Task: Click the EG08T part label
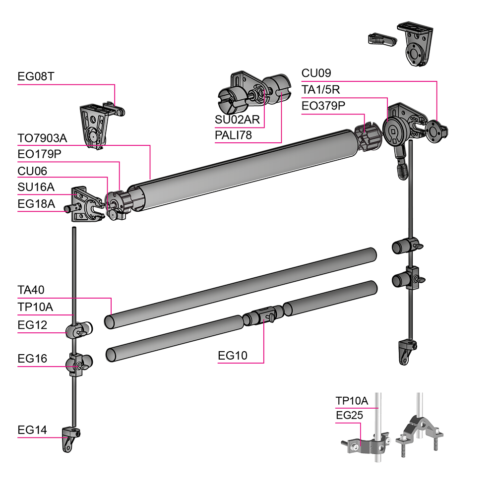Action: [x=36, y=76]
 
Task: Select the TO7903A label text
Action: [x=42, y=138]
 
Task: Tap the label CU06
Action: [x=32, y=171]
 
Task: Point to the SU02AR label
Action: [x=237, y=120]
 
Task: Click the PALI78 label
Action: [x=233, y=135]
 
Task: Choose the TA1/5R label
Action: [x=320, y=90]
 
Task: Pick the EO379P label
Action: [x=323, y=106]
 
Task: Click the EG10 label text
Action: [x=233, y=356]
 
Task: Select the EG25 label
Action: [x=349, y=415]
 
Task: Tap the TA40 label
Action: [x=31, y=290]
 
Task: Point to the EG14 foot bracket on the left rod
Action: [x=70, y=439]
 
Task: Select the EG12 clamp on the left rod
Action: [x=79, y=330]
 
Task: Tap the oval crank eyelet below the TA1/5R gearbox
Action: [x=402, y=170]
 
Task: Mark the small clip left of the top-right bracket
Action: [x=382, y=39]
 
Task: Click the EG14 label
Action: [x=32, y=430]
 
